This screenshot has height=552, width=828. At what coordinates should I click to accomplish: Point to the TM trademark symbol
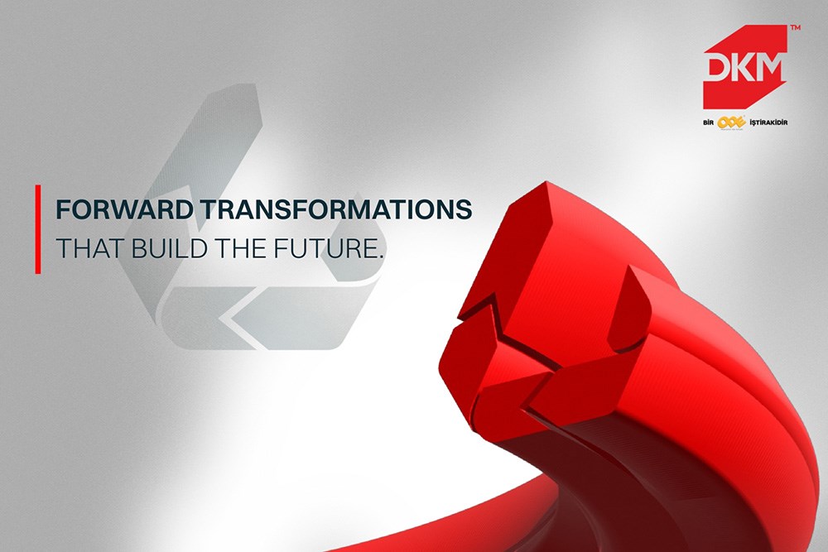click(x=795, y=29)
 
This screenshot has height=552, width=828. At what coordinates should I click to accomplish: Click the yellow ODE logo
click(x=731, y=122)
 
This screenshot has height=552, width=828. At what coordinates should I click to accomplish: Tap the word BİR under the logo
click(x=709, y=122)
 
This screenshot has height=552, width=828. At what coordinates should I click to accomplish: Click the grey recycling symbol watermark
click(x=248, y=223)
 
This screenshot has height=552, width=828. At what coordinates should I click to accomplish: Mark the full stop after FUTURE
click(x=383, y=256)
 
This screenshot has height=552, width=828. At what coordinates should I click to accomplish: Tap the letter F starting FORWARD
click(x=61, y=210)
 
